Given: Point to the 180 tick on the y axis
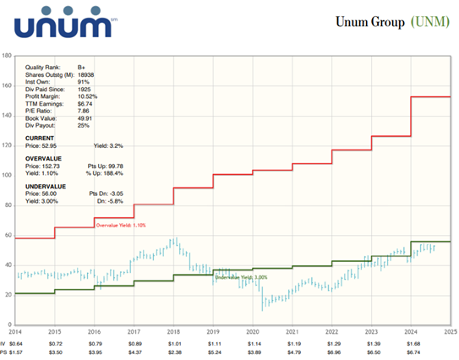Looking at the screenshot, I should point(7,56).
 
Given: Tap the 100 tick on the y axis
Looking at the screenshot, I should point(7,176).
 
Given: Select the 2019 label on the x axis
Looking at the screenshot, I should point(212,332).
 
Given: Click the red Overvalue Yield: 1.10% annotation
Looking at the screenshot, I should point(120,226).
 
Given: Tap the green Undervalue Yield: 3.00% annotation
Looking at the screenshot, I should point(240,277).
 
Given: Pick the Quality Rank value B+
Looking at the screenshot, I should point(81,66).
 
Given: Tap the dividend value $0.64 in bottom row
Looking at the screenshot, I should point(16,345).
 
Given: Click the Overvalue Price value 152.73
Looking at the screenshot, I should point(57,166).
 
